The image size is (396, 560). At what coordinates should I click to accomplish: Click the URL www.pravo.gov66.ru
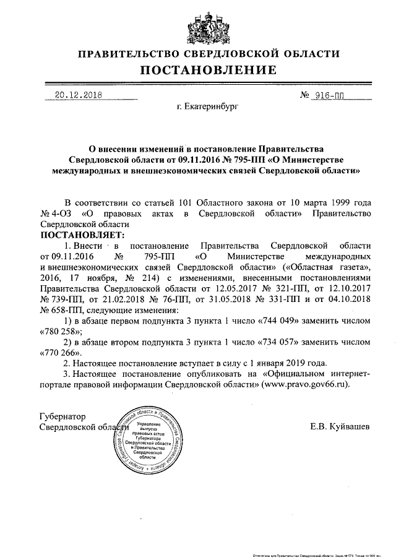[302, 384]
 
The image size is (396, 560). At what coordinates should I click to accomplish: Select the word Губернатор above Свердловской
[63, 416]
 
